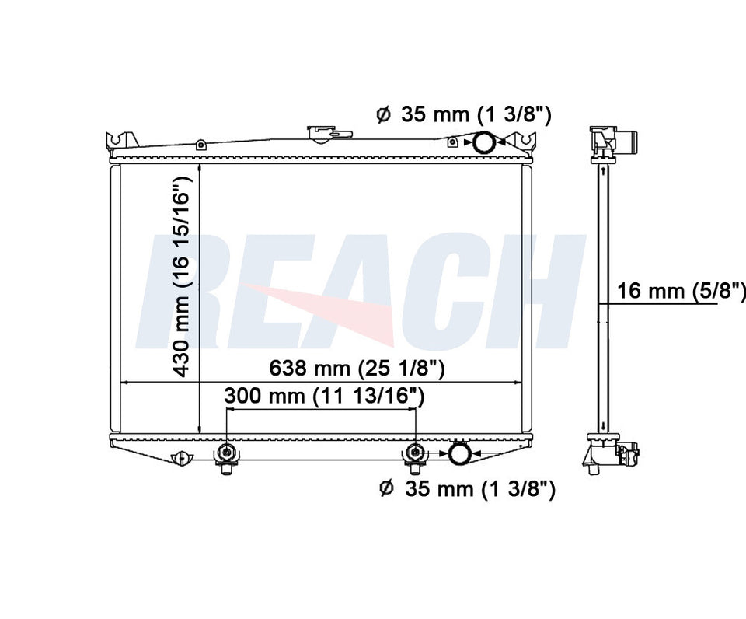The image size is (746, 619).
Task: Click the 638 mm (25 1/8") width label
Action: coord(357,368)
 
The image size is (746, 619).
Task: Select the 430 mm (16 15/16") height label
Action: coord(181,276)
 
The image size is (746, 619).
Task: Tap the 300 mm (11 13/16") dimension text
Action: coord(324,396)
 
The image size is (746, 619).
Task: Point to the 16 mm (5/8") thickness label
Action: coord(681,290)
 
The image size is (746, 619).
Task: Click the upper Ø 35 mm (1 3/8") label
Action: coord(463,115)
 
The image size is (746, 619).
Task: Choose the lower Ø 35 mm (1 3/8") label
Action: coord(467,488)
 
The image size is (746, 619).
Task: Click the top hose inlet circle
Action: coord(483,142)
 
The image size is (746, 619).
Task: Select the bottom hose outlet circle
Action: coord(460,453)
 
